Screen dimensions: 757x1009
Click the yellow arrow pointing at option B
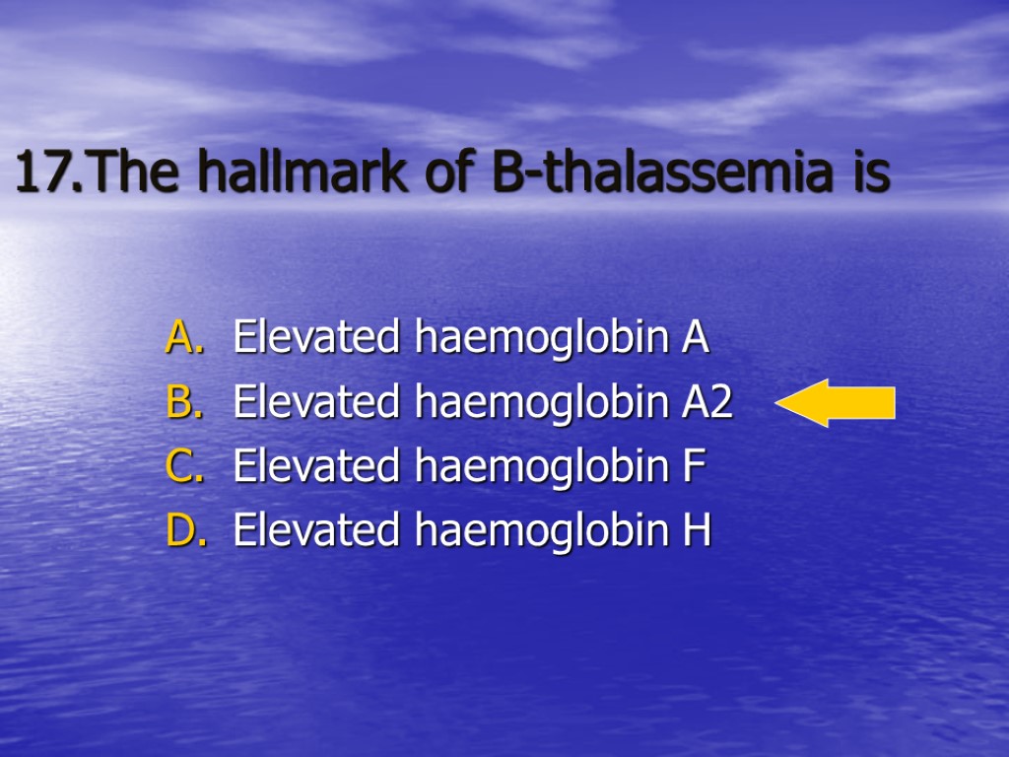click(x=836, y=403)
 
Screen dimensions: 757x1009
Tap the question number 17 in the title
click(x=44, y=174)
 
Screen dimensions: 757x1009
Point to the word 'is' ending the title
click(x=871, y=174)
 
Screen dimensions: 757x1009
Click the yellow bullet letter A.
click(x=183, y=338)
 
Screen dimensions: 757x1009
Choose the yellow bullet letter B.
click(x=183, y=403)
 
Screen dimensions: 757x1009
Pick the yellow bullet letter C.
click(x=183, y=467)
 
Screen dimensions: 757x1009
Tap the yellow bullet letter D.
click(x=184, y=531)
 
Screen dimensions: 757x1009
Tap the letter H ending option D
click(x=697, y=531)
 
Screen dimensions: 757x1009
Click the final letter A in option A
click(x=695, y=338)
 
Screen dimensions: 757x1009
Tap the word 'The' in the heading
click(x=137, y=174)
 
